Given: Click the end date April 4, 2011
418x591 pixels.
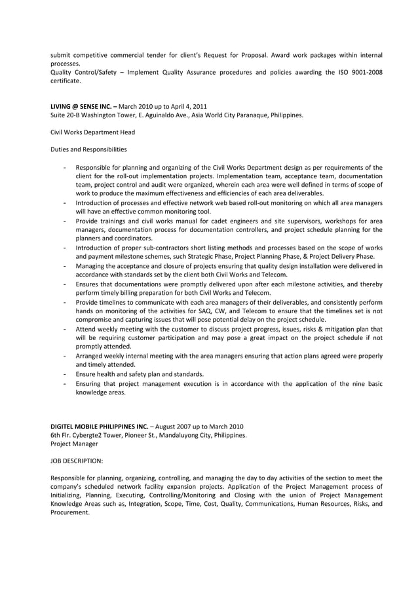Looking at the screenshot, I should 189,106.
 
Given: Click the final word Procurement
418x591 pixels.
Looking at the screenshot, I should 70,512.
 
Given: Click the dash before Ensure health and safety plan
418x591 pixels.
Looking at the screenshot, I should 65,374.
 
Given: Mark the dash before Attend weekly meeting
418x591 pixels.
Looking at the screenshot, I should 65,329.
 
